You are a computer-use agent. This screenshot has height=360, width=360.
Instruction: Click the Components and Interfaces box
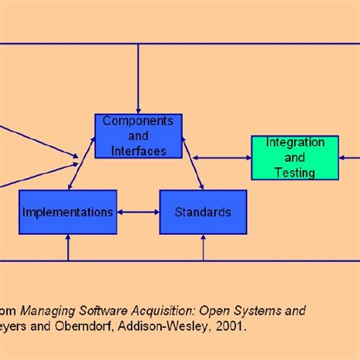point(138,136)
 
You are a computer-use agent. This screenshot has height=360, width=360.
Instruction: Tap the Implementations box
point(68,212)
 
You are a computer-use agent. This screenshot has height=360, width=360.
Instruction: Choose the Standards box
point(203,212)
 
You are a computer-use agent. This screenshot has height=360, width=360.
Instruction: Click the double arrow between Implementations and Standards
point(138,212)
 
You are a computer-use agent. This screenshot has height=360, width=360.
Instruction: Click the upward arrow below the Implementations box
point(68,248)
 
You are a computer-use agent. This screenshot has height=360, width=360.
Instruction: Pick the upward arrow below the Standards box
point(203,248)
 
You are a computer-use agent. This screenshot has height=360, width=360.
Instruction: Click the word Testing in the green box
point(295,172)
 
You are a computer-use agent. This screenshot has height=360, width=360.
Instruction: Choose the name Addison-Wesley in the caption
point(170,327)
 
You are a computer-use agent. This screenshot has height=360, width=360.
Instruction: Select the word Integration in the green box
point(295,143)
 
